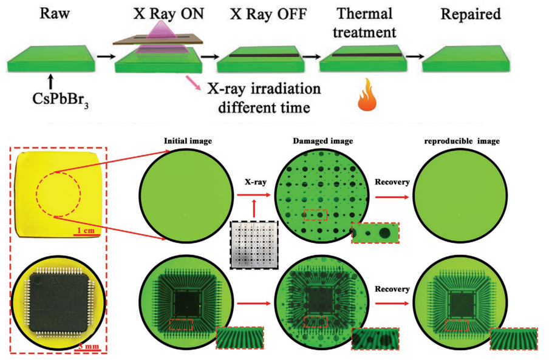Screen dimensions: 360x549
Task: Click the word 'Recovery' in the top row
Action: (391, 181)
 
